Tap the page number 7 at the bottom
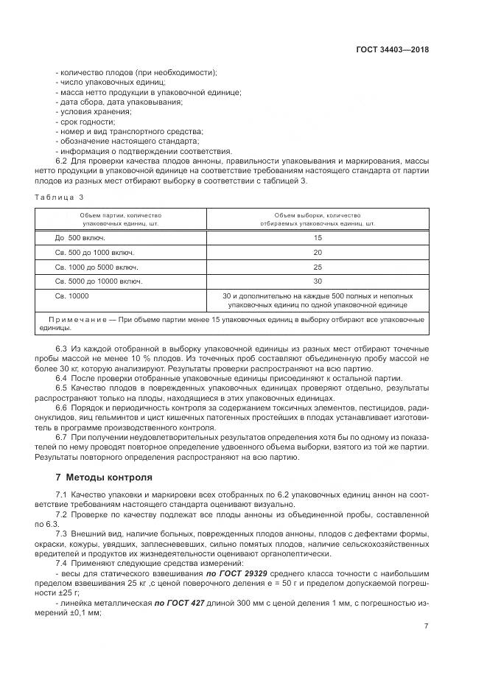[427, 626]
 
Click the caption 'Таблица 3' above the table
[60, 197]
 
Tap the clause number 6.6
[62, 407]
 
